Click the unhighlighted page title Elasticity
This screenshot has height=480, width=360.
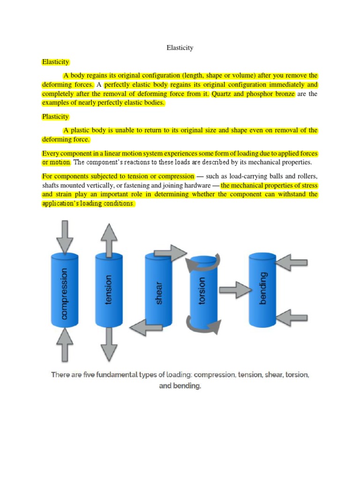[x=180, y=48]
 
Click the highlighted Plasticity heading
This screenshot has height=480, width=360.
[x=55, y=117]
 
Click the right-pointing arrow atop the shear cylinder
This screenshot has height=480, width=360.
[x=171, y=253]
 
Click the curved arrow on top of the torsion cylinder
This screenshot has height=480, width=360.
[x=202, y=262]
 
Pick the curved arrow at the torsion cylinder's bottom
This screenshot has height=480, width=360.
[x=202, y=324]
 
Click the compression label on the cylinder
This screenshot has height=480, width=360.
[x=64, y=293]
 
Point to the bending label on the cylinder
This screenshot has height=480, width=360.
[x=263, y=287]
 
